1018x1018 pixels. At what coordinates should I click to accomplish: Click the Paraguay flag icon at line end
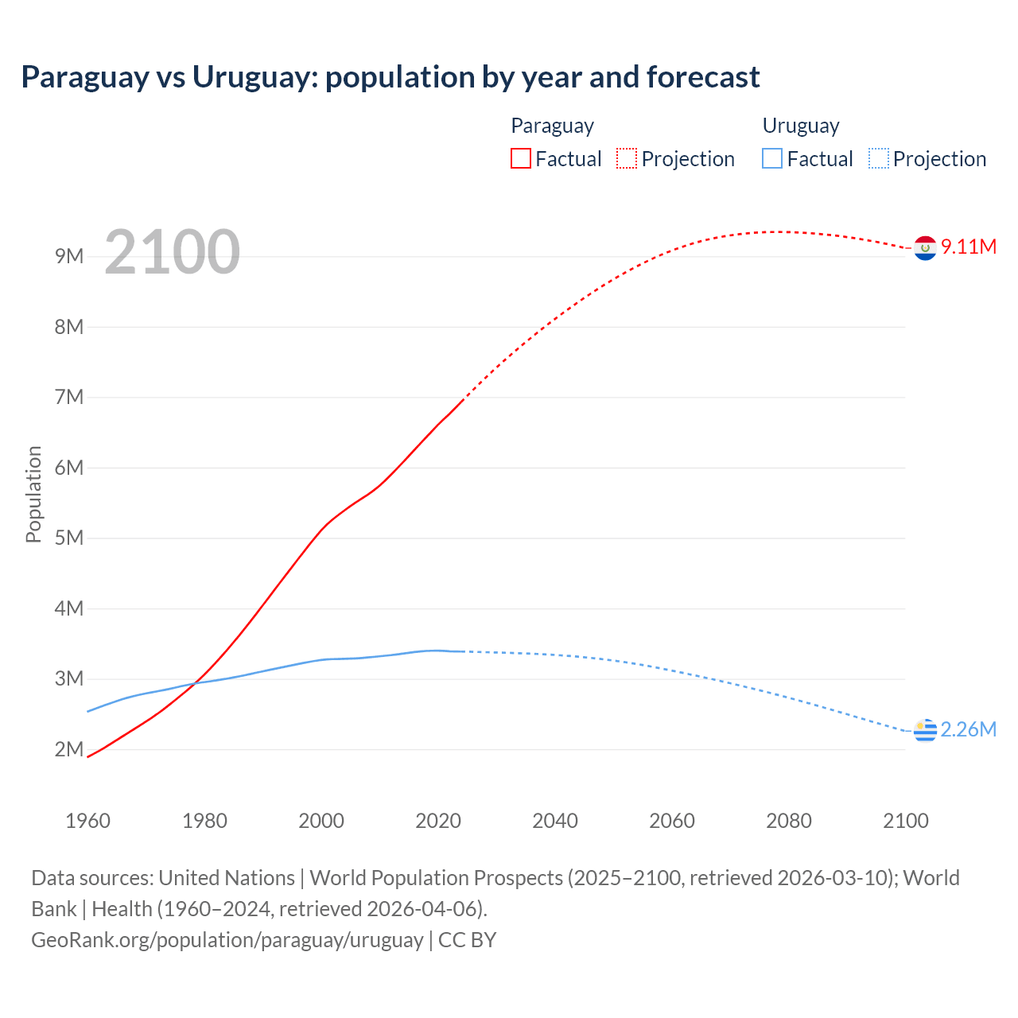pyautogui.click(x=925, y=248)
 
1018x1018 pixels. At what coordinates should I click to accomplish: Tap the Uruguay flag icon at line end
pyautogui.click(x=925, y=730)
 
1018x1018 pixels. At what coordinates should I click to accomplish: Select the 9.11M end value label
pyautogui.click(x=969, y=247)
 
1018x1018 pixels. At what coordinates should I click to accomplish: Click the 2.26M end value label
pyautogui.click(x=969, y=729)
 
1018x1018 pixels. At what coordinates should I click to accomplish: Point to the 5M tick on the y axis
pyautogui.click(x=69, y=538)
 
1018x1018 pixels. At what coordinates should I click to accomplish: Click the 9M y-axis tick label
pyautogui.click(x=69, y=256)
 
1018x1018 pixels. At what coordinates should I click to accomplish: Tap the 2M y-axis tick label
pyautogui.click(x=69, y=749)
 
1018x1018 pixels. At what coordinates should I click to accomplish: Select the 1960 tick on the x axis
pyautogui.click(x=87, y=821)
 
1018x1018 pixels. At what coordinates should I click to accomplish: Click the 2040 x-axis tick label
pyautogui.click(x=555, y=821)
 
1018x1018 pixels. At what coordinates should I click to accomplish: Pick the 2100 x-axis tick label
pyautogui.click(x=906, y=821)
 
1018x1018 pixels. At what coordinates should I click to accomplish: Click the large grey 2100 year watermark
pyautogui.click(x=172, y=252)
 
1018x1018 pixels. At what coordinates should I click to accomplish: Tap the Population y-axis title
pyautogui.click(x=33, y=494)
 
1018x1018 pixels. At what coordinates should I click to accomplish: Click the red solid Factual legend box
pyautogui.click(x=521, y=159)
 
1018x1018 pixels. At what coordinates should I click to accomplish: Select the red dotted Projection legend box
pyautogui.click(x=627, y=159)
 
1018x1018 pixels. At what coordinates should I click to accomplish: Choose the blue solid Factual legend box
pyautogui.click(x=772, y=159)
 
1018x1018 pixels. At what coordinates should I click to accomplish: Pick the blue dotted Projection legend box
pyautogui.click(x=879, y=159)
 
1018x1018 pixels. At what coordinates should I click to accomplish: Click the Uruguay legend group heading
pyautogui.click(x=801, y=126)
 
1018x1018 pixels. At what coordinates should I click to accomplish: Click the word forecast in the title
pyautogui.click(x=703, y=77)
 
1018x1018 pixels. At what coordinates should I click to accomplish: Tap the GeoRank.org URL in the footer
pyautogui.click(x=227, y=940)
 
